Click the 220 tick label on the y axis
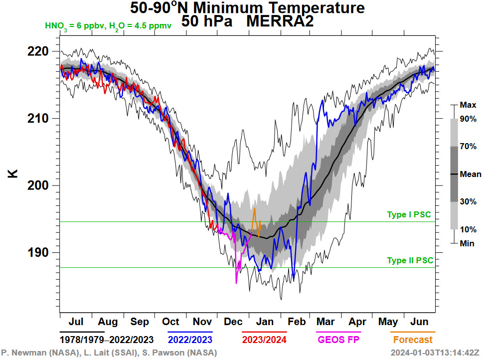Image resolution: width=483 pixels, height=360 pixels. click(38, 51)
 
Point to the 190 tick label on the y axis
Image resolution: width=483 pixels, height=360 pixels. click(38, 252)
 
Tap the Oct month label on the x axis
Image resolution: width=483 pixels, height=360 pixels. click(170, 322)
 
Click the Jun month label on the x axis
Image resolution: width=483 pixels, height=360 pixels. click(420, 322)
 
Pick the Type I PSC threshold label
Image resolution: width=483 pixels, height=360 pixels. click(409, 215)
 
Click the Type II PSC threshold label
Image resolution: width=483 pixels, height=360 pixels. click(410, 261)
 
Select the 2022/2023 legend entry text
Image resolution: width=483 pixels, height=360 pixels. click(190, 340)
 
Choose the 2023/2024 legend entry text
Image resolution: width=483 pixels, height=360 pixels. click(264, 340)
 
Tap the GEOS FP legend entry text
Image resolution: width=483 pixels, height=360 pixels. click(338, 340)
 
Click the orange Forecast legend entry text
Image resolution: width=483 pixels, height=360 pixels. click(413, 340)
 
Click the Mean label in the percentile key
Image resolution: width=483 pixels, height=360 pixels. click(471, 175)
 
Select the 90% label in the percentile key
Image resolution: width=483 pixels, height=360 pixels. click(469, 119)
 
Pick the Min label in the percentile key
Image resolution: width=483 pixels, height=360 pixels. click(468, 243)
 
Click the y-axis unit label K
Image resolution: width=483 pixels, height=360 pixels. click(13, 174)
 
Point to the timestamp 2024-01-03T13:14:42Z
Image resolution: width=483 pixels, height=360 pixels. click(435, 353)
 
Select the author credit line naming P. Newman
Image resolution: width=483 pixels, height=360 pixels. click(109, 353)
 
